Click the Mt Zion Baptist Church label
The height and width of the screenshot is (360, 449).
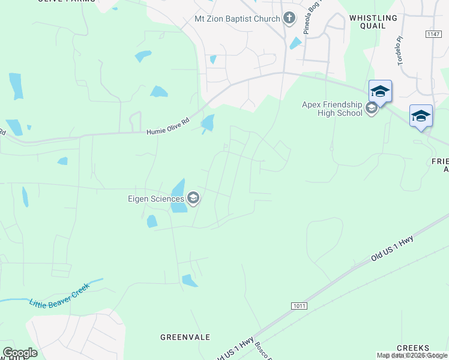[x=237, y=19]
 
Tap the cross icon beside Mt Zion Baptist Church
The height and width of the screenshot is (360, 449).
[x=289, y=18]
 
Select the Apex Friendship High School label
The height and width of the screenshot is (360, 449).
[x=332, y=109]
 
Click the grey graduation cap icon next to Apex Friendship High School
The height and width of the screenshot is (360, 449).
[x=371, y=109]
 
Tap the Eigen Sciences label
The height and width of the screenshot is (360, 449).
[x=155, y=199]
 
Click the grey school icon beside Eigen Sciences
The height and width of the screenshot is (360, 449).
[x=193, y=199]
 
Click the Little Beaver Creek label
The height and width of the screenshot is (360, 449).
[x=59, y=295]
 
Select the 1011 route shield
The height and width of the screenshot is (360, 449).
[x=300, y=306]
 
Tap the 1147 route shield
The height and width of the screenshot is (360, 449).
[x=433, y=34]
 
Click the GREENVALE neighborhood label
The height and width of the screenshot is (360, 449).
[x=185, y=337]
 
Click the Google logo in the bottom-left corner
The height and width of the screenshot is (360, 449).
[x=20, y=353]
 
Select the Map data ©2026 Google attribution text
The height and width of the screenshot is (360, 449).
[x=412, y=355]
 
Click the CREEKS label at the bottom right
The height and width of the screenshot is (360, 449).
[x=413, y=348]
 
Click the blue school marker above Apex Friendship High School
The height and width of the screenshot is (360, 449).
[x=380, y=91]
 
